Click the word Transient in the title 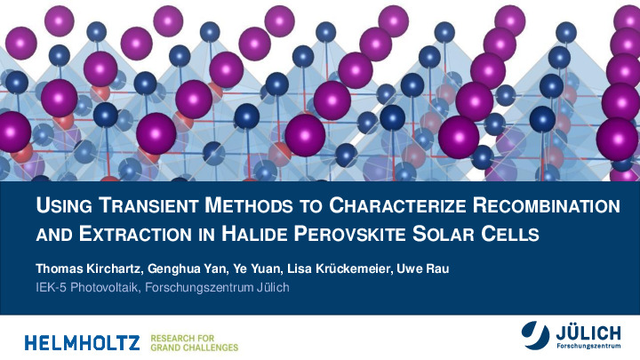pyautogui.click(x=149, y=205)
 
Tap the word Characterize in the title pyautogui.click(x=397, y=205)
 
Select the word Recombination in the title pyautogui.click(x=547, y=205)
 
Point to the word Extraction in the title pyautogui.click(x=135, y=235)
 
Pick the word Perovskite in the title pyautogui.click(x=350, y=235)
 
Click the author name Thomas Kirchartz pyautogui.click(x=90, y=269)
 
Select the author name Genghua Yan pyautogui.click(x=188, y=269)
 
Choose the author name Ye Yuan pyautogui.click(x=257, y=269)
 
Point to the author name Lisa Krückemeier pyautogui.click(x=340, y=269)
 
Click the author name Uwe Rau pyautogui.click(x=423, y=269)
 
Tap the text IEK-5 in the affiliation pyautogui.click(x=51, y=287)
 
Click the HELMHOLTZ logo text pyautogui.click(x=82, y=343)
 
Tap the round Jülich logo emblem pyautogui.click(x=535, y=335)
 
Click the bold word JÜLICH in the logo pyautogui.click(x=588, y=332)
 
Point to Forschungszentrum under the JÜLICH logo pyautogui.click(x=588, y=346)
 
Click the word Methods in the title pyautogui.click(x=249, y=205)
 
